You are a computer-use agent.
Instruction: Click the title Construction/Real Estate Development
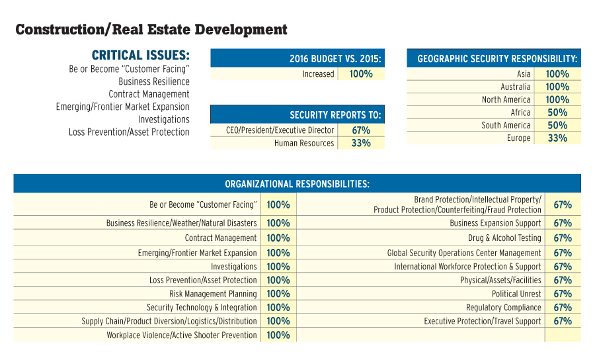click(151, 30)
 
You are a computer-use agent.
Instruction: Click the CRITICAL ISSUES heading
click(140, 55)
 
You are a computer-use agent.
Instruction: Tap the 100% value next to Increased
click(361, 74)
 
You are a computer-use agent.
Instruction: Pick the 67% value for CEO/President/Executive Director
click(361, 130)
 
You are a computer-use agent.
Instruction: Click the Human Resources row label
click(304, 144)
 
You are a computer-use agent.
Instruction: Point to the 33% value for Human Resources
click(361, 144)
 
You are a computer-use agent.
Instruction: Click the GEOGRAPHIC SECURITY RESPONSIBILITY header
click(497, 59)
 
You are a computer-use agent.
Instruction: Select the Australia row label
click(515, 87)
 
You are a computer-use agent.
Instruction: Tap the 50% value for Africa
click(557, 113)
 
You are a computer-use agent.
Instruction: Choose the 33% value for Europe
click(557, 138)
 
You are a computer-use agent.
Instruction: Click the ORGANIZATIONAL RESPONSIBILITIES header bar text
click(297, 183)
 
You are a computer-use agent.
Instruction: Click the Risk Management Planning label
click(213, 294)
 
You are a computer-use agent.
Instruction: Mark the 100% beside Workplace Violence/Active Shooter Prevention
click(278, 336)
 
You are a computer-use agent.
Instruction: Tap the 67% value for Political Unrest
click(563, 294)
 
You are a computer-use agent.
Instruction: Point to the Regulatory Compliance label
click(503, 308)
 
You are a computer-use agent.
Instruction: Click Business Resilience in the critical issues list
click(154, 81)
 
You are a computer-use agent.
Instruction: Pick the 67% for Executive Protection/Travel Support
click(563, 322)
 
